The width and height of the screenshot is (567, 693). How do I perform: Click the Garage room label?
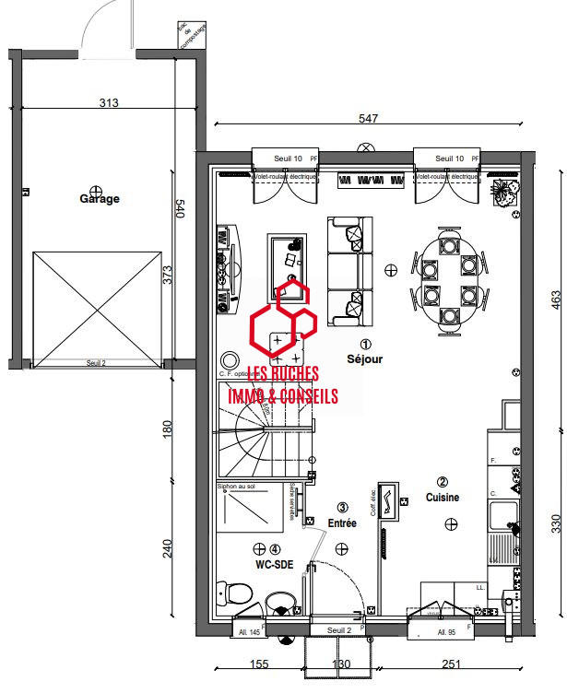pyautogui.click(x=100, y=198)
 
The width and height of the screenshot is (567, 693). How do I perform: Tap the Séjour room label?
pyautogui.click(x=365, y=358)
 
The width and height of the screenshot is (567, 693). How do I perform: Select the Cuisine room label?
pyautogui.click(x=442, y=497)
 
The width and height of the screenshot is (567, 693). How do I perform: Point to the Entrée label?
pyautogui.click(x=342, y=523)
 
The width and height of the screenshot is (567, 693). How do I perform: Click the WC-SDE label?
pyautogui.click(x=275, y=565)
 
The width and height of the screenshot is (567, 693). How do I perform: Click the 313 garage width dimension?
pyautogui.click(x=109, y=103)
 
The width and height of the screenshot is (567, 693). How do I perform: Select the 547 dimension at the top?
pyautogui.click(x=368, y=119)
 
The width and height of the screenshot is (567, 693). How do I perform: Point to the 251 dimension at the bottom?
pyautogui.click(x=451, y=664)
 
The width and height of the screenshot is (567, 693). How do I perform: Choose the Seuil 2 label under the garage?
pyautogui.click(x=96, y=363)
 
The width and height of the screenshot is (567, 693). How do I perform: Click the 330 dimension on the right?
pyautogui.click(x=555, y=524)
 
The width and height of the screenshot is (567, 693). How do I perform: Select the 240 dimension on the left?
pyautogui.click(x=167, y=547)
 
